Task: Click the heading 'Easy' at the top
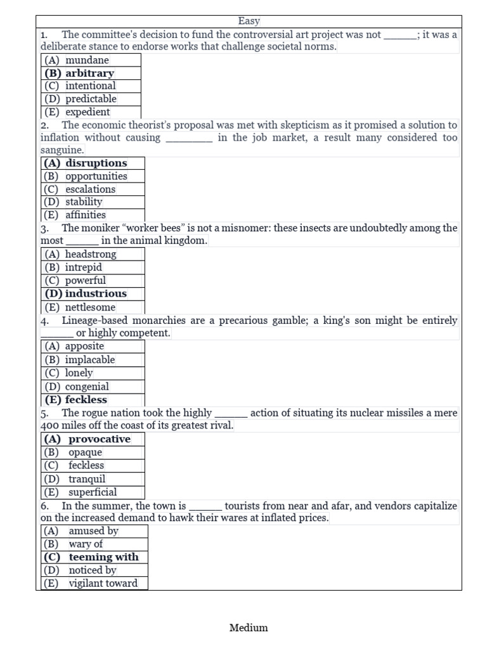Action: (x=249, y=22)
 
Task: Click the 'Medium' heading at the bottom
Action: (x=249, y=627)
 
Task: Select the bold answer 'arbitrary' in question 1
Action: (x=89, y=73)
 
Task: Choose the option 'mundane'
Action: (x=87, y=60)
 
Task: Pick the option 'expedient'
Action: (x=88, y=112)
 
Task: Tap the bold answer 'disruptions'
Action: (x=96, y=163)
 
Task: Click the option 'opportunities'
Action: (x=96, y=176)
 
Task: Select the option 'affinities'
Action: (x=86, y=215)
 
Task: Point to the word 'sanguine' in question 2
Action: (x=62, y=150)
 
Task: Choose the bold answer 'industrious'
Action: (x=96, y=293)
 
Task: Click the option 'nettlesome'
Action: (x=90, y=307)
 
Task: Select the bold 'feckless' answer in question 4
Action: (x=86, y=400)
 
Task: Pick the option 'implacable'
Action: (x=90, y=360)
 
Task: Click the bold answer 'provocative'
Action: (x=100, y=439)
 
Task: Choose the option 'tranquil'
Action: (x=87, y=479)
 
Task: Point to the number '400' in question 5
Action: (x=50, y=426)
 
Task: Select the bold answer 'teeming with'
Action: (x=103, y=557)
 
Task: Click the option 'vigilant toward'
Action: (x=103, y=583)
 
